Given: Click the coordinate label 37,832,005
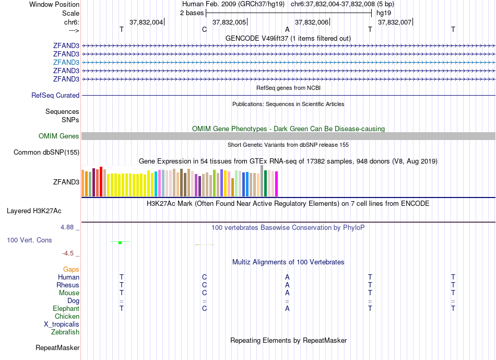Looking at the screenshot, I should pos(229,22).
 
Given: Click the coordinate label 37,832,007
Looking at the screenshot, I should pos(394,22).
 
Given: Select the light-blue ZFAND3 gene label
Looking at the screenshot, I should pos(66,62).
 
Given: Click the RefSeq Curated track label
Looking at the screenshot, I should pos(55,96).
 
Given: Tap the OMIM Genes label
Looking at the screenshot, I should pos(59,136).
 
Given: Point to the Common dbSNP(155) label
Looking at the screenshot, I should pos(46,153).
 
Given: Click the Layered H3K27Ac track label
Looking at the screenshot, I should pos(34,211).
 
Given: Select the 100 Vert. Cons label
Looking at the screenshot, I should pos(29,240).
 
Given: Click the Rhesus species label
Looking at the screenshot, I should pos(68,285).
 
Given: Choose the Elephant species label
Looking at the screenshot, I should pos(66,309).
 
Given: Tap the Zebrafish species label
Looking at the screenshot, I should pos(65,332).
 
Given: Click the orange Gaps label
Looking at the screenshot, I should pos(71,270).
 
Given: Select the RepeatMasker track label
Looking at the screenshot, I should pos(57,347).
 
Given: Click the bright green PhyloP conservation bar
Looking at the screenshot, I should pos(120,242).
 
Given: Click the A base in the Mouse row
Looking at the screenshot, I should pos(287,293).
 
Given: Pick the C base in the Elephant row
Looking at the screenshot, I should pos(205,309).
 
